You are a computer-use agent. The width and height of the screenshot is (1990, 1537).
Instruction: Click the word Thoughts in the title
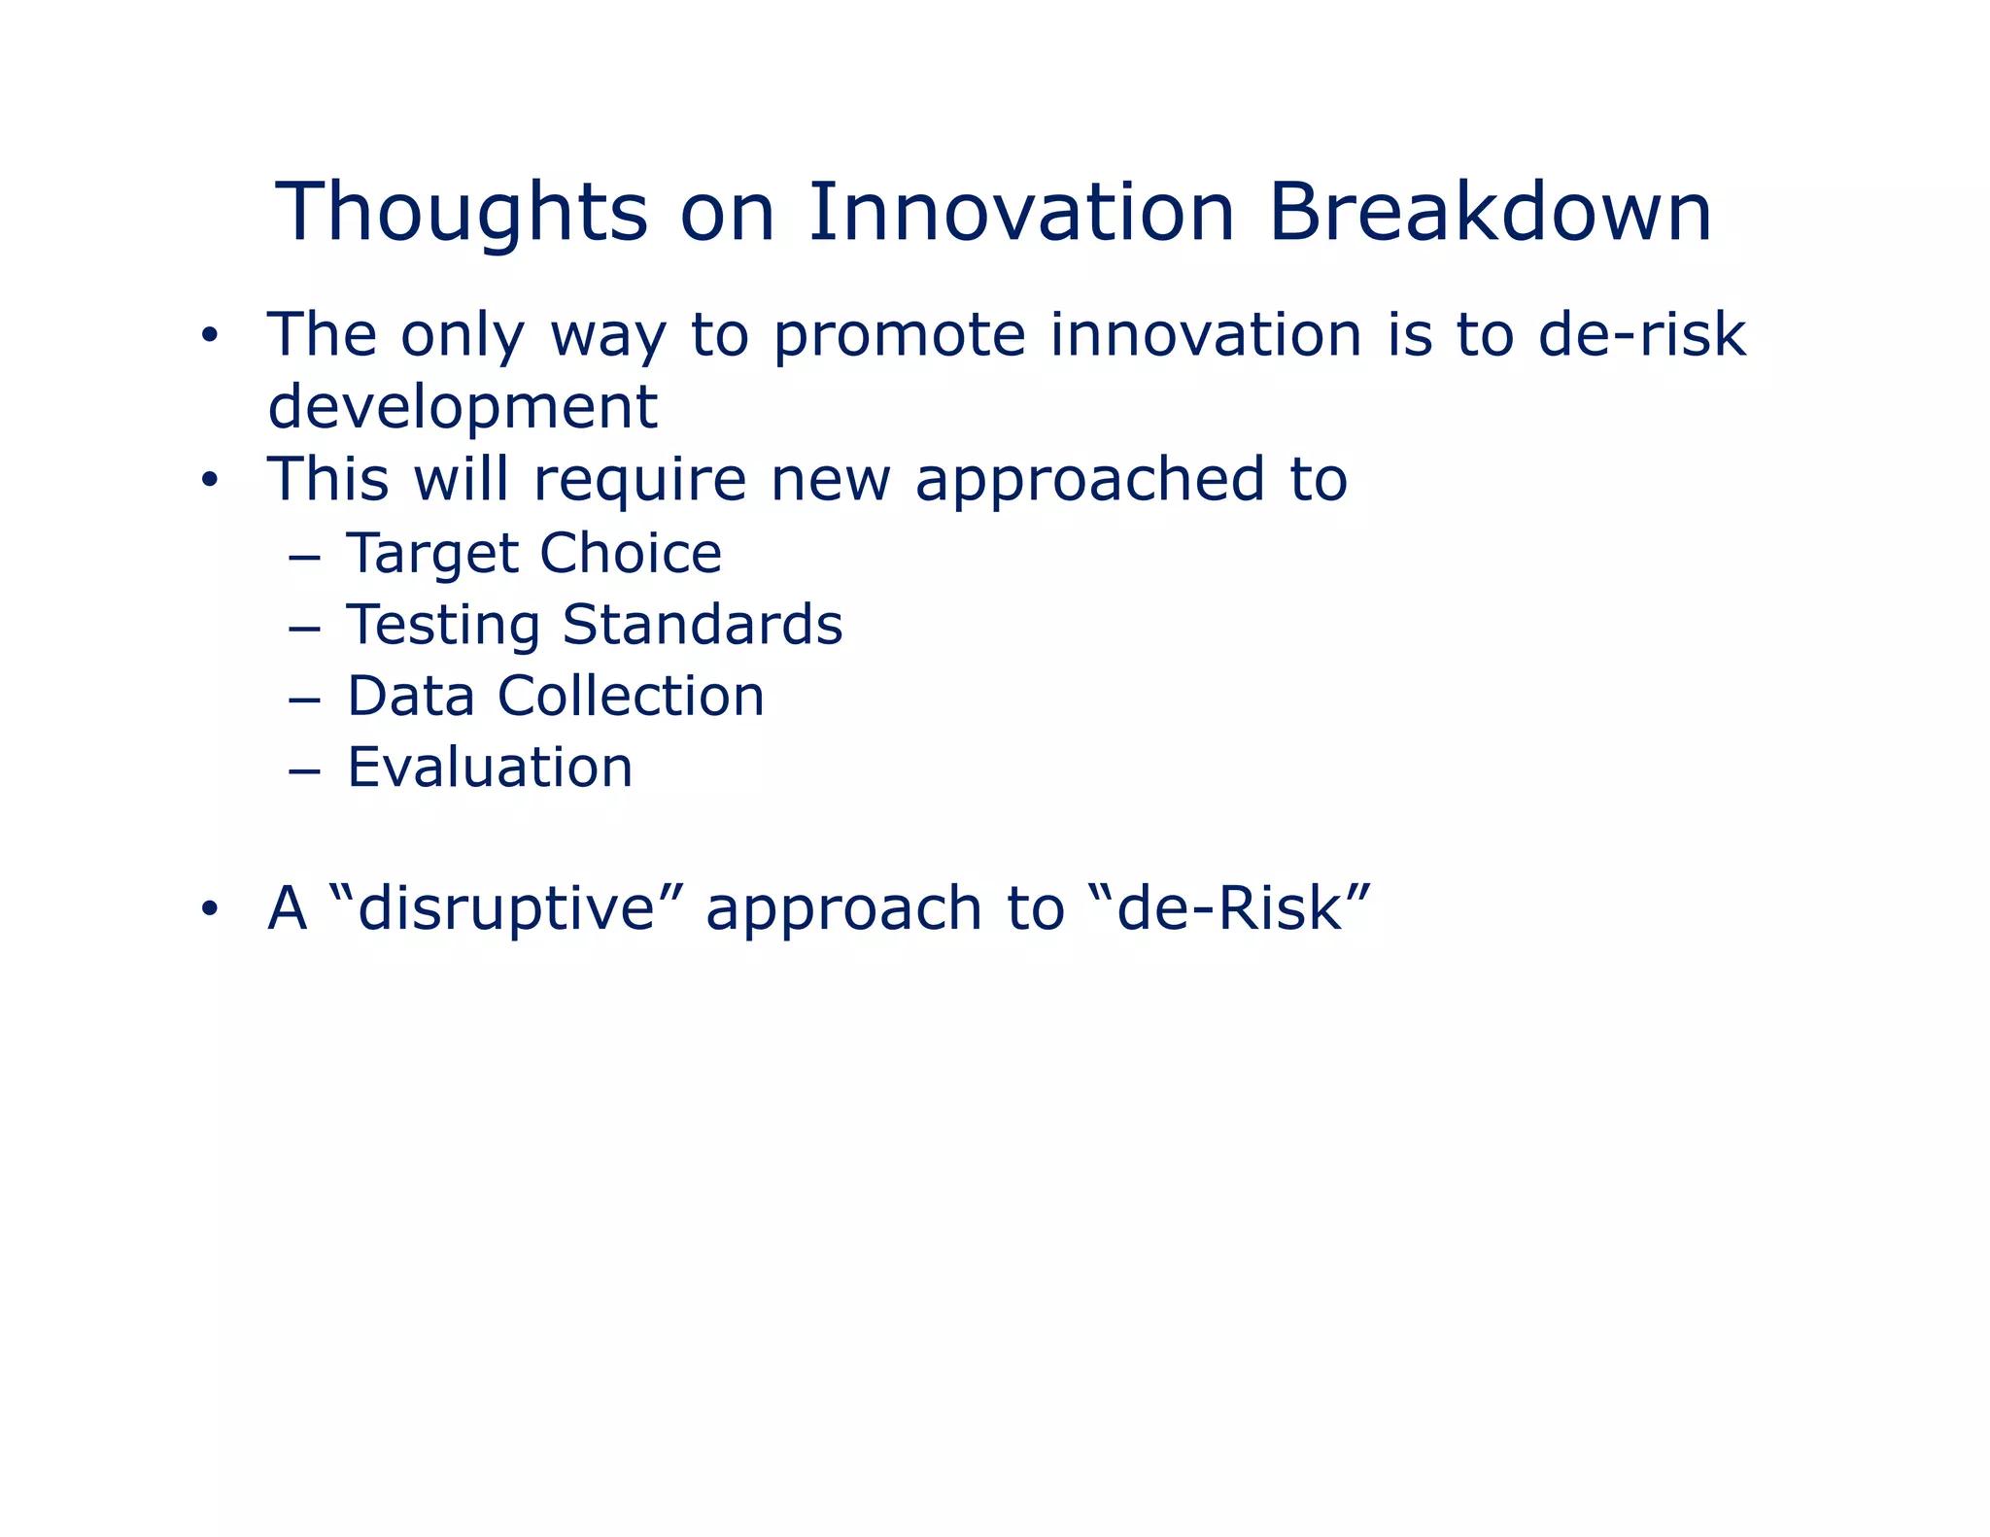click(x=462, y=214)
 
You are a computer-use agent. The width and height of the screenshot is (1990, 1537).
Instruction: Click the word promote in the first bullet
click(x=899, y=337)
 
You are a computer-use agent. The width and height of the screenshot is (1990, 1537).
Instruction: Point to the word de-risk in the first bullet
click(x=1641, y=335)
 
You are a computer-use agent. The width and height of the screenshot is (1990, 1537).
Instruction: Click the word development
click(x=463, y=408)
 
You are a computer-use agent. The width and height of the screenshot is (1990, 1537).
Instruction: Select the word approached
click(x=1089, y=481)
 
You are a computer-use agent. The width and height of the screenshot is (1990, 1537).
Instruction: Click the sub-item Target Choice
click(x=533, y=554)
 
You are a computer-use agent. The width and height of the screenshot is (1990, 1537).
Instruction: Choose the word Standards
click(x=702, y=624)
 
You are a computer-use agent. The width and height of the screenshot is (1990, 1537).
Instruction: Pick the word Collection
click(x=631, y=697)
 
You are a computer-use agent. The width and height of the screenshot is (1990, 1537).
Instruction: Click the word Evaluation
click(x=490, y=768)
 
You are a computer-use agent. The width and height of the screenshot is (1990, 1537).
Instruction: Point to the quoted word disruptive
click(x=506, y=909)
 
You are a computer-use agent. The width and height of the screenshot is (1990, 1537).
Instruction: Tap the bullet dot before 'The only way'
click(x=208, y=337)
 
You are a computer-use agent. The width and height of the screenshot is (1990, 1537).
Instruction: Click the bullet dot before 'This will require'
click(x=208, y=481)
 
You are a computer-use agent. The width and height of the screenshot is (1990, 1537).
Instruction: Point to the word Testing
click(x=443, y=626)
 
